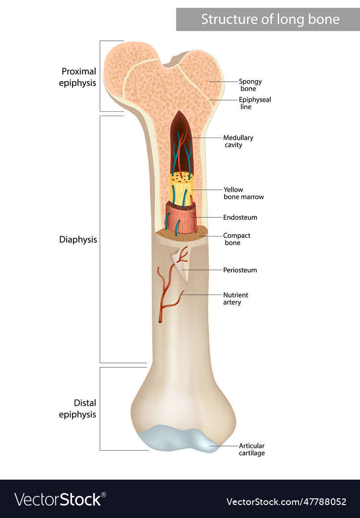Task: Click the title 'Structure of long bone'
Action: (270, 19)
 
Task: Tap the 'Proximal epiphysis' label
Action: (78, 77)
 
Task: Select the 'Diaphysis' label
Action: (78, 239)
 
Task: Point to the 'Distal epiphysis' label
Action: (78, 408)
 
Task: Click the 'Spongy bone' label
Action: (250, 85)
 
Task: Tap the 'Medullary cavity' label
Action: (239, 141)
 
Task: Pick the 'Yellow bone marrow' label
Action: (243, 193)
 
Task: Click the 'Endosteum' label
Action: (240, 217)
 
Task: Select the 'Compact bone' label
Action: (237, 239)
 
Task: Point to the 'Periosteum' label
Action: (240, 270)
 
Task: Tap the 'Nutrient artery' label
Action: (236, 298)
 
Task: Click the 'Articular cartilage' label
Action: (252, 449)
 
